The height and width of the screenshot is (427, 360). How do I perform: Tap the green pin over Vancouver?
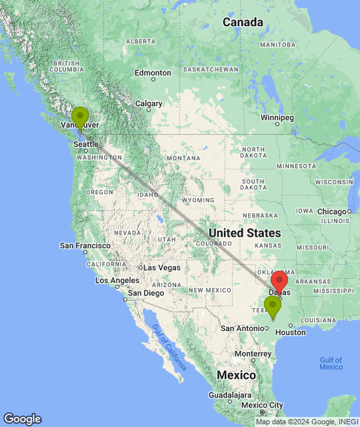click(80, 117)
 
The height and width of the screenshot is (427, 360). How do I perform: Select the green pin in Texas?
click(272, 307)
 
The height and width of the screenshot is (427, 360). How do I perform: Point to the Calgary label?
click(149, 103)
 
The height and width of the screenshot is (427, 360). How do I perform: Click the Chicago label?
click(332, 211)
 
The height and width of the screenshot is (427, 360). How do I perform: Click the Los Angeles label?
click(120, 280)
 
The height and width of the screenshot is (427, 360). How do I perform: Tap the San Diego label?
click(145, 293)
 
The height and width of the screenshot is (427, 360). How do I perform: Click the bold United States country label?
click(244, 233)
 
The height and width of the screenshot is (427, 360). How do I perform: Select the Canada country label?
click(243, 23)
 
